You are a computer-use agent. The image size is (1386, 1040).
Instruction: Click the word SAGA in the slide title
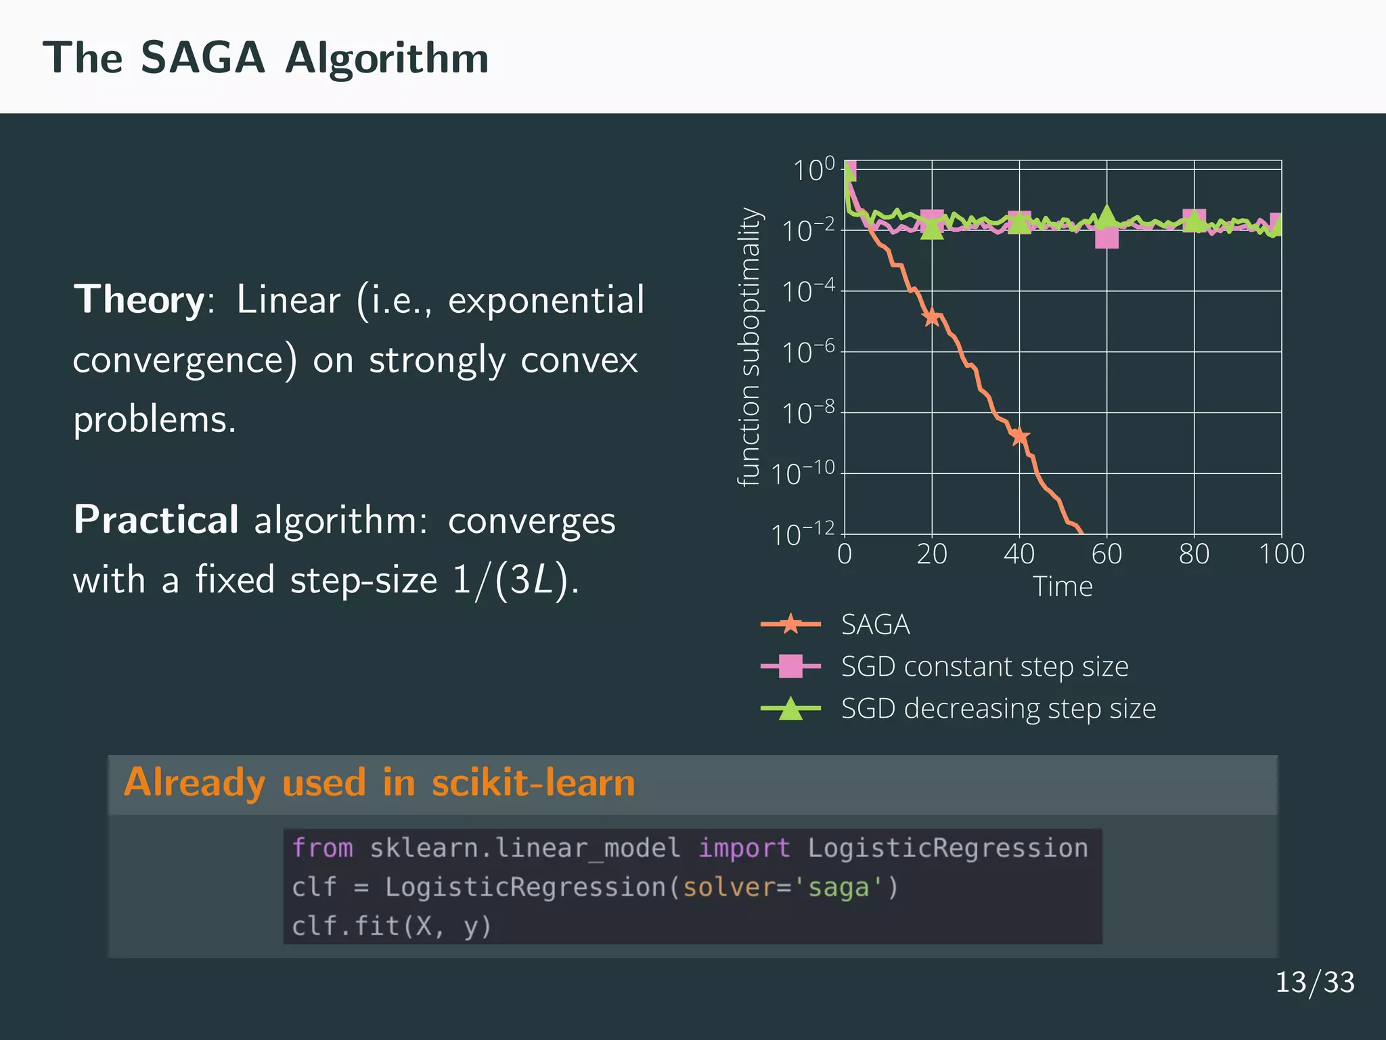[202, 58]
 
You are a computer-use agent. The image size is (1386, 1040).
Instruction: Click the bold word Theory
[139, 299]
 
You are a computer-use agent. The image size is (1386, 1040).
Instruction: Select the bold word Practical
[156, 520]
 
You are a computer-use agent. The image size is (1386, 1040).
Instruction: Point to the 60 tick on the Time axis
[1106, 555]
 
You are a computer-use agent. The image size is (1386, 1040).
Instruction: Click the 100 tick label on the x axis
[1281, 555]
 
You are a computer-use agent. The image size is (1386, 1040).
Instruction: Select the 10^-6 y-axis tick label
[808, 353]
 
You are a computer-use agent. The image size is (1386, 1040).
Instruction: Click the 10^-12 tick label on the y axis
[803, 535]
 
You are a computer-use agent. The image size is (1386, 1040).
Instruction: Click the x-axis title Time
[1062, 586]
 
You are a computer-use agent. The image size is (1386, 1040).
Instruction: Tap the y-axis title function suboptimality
[749, 347]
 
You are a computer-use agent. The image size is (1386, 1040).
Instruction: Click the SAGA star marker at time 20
[932, 316]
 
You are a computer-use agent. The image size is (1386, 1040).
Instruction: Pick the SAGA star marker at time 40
[1019, 436]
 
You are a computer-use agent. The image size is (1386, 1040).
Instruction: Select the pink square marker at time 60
[1106, 238]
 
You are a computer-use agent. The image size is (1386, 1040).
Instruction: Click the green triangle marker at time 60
[1106, 217]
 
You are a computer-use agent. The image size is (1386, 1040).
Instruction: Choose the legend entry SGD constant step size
[984, 667]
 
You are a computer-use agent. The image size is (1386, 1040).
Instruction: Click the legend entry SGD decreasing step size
[998, 709]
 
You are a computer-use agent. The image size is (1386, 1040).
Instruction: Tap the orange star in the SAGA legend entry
[790, 624]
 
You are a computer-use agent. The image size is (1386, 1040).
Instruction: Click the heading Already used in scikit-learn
[379, 783]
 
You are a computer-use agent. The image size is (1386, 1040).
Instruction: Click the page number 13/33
[1314, 982]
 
